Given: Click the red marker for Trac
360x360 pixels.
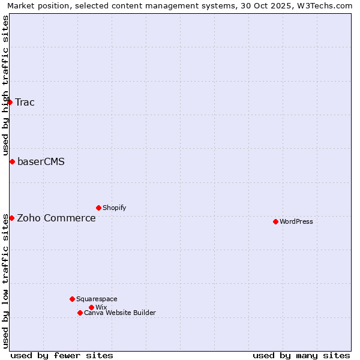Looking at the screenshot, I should (10, 102).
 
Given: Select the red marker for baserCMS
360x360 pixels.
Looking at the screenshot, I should (12, 161).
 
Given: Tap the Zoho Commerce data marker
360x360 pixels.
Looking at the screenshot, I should (11, 218).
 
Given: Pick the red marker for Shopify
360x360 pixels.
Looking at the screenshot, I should (98, 208).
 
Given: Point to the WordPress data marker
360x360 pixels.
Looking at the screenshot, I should (275, 221).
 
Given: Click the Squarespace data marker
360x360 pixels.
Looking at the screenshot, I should (72, 299).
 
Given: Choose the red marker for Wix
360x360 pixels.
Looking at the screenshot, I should (91, 307).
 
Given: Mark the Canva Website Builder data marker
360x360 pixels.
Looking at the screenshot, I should (80, 313).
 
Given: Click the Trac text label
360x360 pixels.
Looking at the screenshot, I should (25, 102).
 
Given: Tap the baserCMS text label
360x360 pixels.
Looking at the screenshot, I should (41, 161).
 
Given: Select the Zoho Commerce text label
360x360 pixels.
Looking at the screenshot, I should (56, 218).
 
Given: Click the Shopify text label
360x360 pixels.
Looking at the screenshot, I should (114, 208).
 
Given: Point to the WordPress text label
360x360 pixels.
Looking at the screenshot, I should (296, 221).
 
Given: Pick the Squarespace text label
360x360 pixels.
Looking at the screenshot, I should (97, 299).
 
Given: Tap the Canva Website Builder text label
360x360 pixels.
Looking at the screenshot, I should (120, 313).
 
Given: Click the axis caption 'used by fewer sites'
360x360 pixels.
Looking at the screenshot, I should (62, 355).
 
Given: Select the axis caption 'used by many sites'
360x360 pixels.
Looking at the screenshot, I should (301, 355).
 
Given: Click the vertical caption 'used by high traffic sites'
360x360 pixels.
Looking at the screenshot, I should (5, 85).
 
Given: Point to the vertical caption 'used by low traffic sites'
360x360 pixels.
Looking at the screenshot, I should (5, 281).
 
